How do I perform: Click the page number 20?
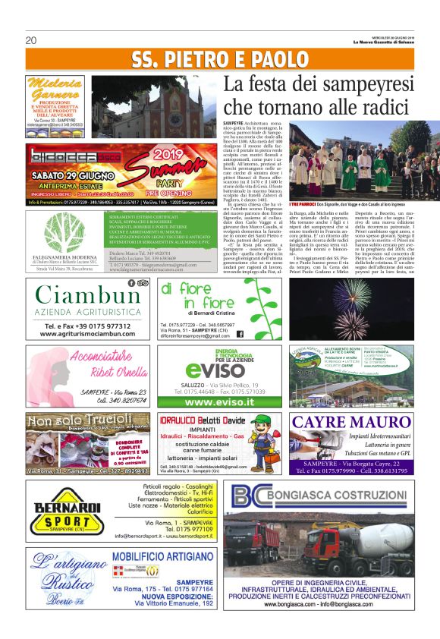(x=31, y=40)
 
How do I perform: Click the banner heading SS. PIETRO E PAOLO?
(x=219, y=60)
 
